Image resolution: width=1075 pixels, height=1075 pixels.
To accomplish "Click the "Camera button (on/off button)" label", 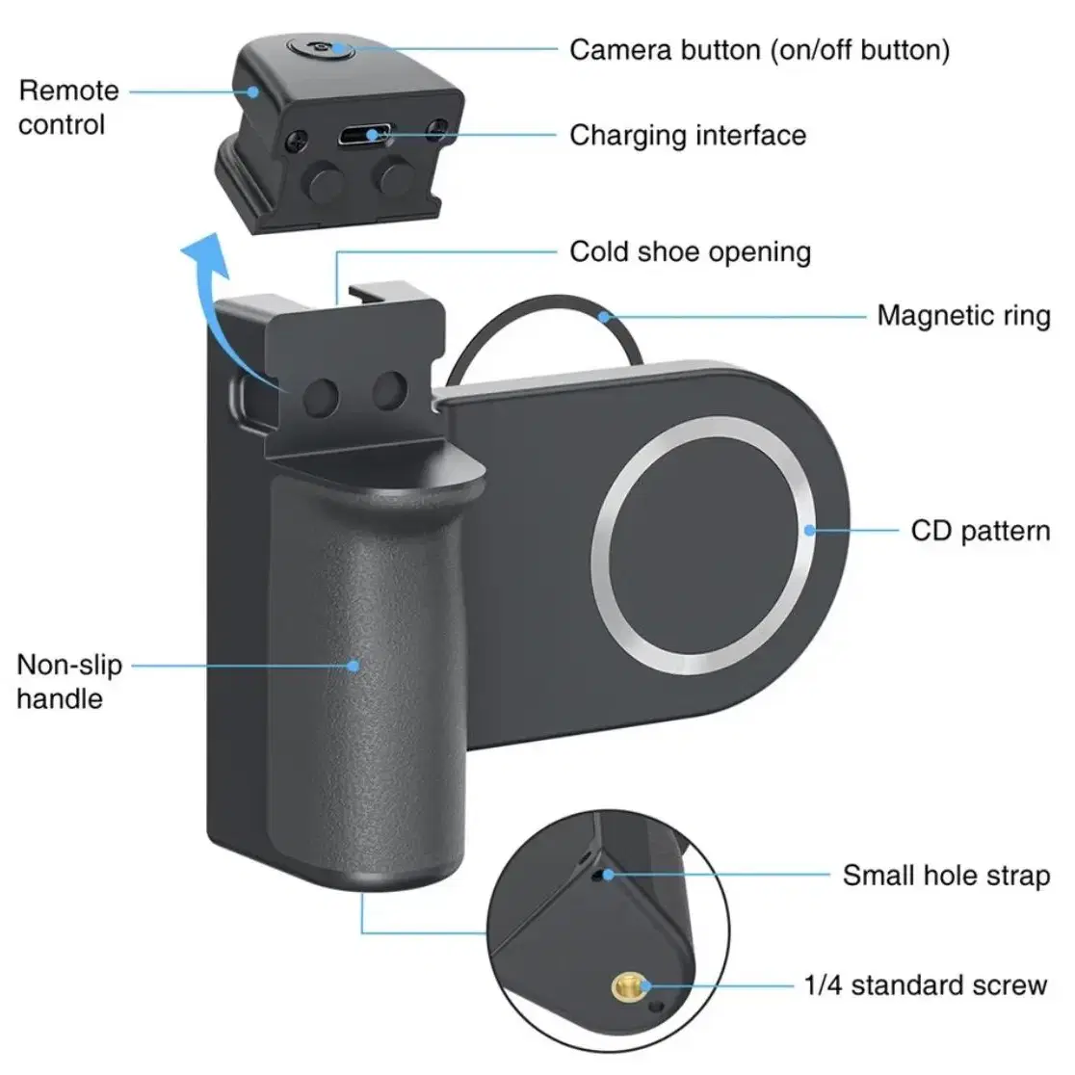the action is pyautogui.click(x=759, y=51).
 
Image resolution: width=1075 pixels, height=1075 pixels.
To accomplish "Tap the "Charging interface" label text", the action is pyautogui.click(x=688, y=135).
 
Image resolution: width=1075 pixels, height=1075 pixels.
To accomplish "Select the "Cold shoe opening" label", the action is pyautogui.click(x=690, y=251).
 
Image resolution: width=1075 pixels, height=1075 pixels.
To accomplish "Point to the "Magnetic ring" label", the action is pyautogui.click(x=963, y=316).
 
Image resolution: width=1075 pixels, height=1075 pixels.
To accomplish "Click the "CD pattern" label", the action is pyautogui.click(x=980, y=532).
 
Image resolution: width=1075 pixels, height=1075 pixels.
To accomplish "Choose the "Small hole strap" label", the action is pyautogui.click(x=946, y=876).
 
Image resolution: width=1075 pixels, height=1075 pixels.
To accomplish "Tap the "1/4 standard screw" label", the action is pyautogui.click(x=926, y=985).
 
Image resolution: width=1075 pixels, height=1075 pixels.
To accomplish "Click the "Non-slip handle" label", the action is pyautogui.click(x=69, y=681).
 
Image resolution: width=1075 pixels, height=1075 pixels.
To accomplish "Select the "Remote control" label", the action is pyautogui.click(x=68, y=108).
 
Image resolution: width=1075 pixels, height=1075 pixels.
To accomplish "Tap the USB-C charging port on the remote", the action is pyautogui.click(x=364, y=135).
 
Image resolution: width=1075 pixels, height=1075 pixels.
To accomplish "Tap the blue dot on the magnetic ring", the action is pyautogui.click(x=604, y=316).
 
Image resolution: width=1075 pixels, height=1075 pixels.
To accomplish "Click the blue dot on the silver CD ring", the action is pyautogui.click(x=810, y=531).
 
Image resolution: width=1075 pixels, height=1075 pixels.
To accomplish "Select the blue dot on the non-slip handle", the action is pyautogui.click(x=354, y=665).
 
